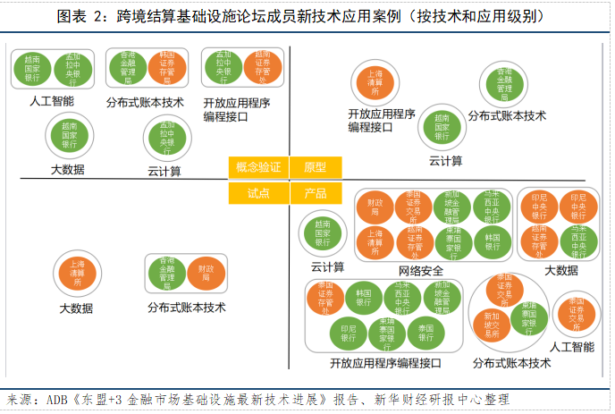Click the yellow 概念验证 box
[x=258, y=167]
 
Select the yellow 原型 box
[x=316, y=167]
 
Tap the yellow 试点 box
[x=258, y=193]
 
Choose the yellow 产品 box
[x=316, y=193]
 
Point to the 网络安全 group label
[x=421, y=270]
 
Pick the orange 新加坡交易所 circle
[x=493, y=320]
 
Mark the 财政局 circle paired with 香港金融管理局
[x=206, y=273]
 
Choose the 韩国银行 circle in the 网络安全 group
[x=491, y=240]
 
